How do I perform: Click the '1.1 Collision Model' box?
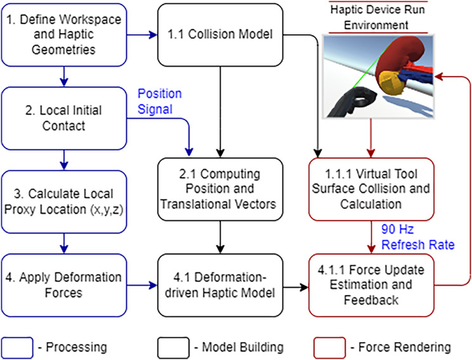click(220, 35)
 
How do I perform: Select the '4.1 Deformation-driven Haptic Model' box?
click(220, 285)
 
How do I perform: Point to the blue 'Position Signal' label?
click(159, 101)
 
